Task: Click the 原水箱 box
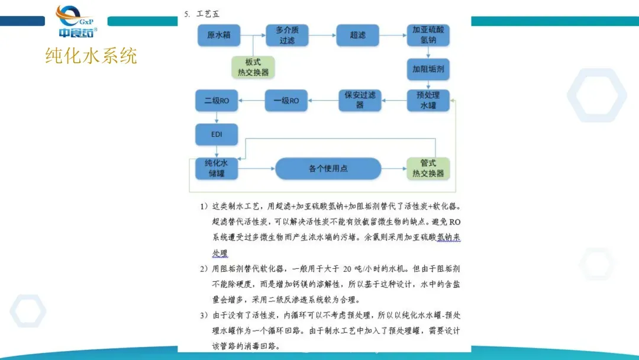point(215,36)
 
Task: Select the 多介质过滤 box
point(287,36)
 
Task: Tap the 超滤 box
point(358,36)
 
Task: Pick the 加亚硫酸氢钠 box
point(428,36)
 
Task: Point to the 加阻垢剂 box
point(428,69)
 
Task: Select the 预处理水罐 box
point(428,101)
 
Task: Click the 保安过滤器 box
point(360,100)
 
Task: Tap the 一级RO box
point(286,101)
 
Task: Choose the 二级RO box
point(217,101)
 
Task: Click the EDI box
point(217,134)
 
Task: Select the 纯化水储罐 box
point(217,168)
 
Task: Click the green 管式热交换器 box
point(428,169)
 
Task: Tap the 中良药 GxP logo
point(76,22)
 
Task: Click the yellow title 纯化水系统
point(91,56)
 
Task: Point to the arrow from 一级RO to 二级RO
point(253,101)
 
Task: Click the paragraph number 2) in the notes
point(203,268)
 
